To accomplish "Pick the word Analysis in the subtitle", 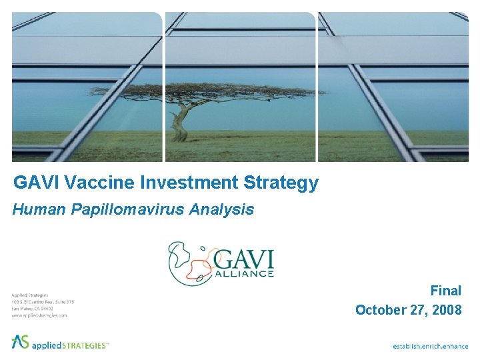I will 221,209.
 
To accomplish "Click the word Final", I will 445,291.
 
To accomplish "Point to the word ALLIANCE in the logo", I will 244,273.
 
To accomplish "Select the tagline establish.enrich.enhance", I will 430,346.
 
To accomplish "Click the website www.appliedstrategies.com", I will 39,315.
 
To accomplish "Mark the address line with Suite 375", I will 43,301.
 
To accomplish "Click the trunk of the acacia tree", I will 179,123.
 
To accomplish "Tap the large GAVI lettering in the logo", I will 245,257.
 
